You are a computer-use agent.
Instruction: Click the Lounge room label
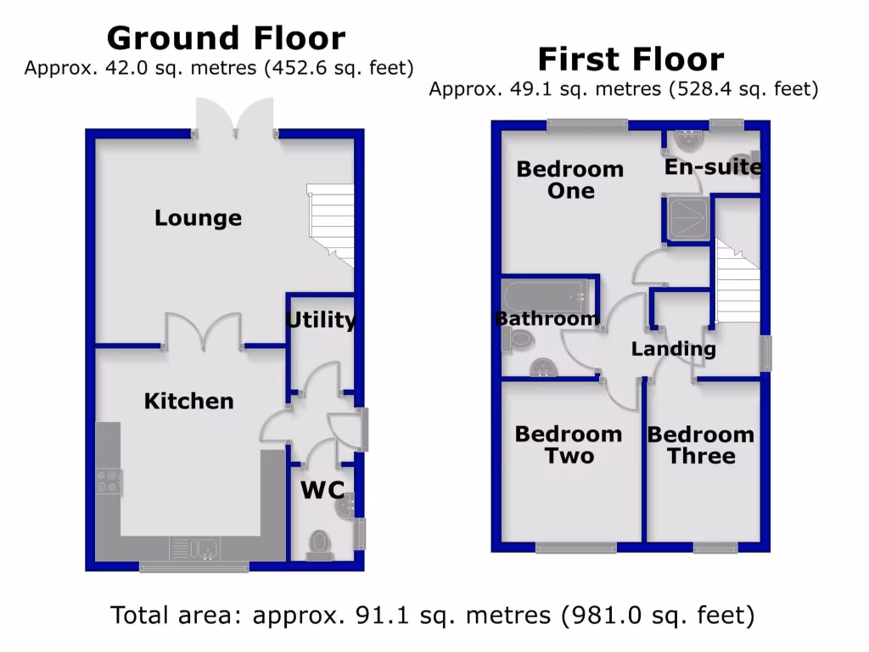point(198,218)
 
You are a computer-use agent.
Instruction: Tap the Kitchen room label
point(188,401)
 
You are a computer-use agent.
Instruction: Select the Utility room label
point(320,320)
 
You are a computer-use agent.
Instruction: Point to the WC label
point(322,490)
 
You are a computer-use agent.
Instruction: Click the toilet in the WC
point(320,543)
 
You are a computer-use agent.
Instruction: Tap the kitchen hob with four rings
point(108,481)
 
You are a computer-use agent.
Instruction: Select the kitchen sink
point(195,548)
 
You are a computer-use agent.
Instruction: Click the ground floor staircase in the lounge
point(332,225)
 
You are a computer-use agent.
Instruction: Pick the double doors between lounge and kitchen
point(203,332)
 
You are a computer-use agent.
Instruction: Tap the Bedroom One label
point(570,180)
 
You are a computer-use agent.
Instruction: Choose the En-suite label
point(713,167)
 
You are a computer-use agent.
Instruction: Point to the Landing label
point(673,349)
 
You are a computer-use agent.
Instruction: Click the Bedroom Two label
point(569,445)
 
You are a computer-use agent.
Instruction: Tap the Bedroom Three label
point(701,445)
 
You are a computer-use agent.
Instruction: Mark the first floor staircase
point(737,280)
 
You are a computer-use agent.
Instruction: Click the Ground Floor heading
point(226,38)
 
